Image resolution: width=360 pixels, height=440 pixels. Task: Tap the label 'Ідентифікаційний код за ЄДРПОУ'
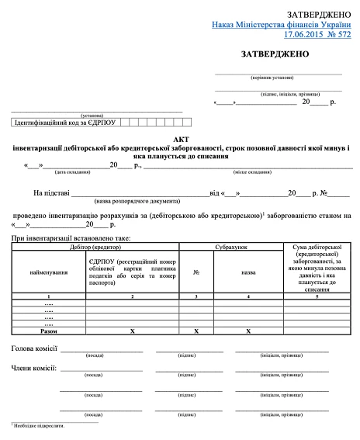click(64, 123)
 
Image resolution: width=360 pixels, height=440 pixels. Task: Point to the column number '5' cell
click(316, 296)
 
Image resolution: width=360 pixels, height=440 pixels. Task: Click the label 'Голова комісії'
click(33, 349)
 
